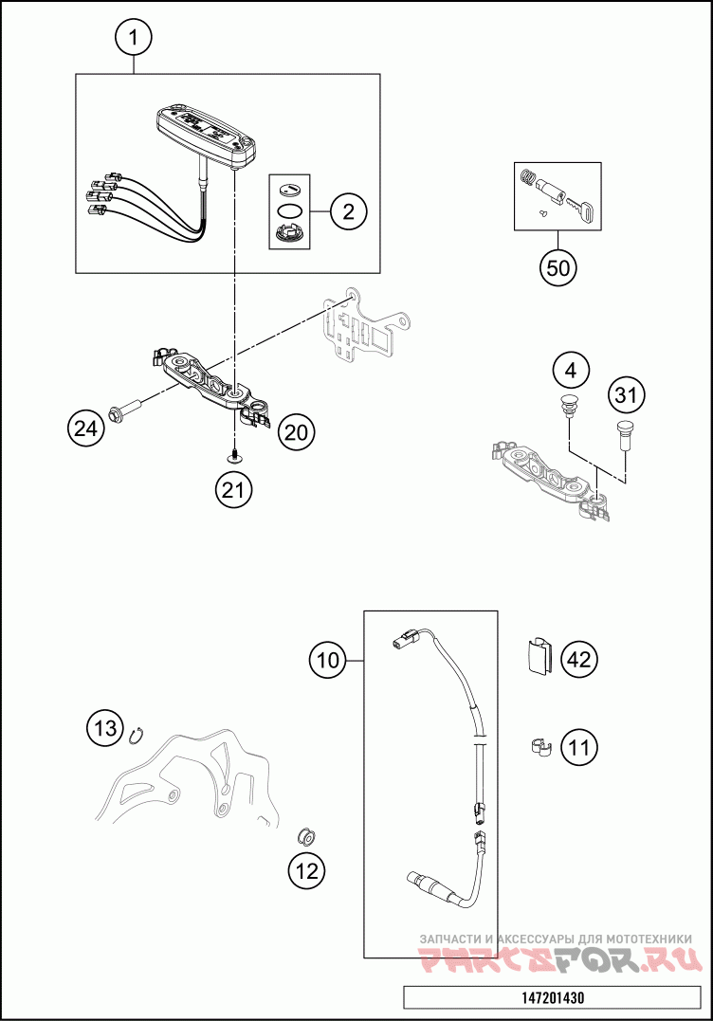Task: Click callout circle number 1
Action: pos(134,38)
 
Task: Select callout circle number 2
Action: pos(348,211)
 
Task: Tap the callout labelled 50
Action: pos(559,267)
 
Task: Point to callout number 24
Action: pos(85,429)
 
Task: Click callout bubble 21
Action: pos(233,489)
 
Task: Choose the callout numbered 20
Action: pos(296,432)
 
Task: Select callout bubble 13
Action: pos(106,728)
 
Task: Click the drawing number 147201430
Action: pos(552,998)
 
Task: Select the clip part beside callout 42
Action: pos(538,656)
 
